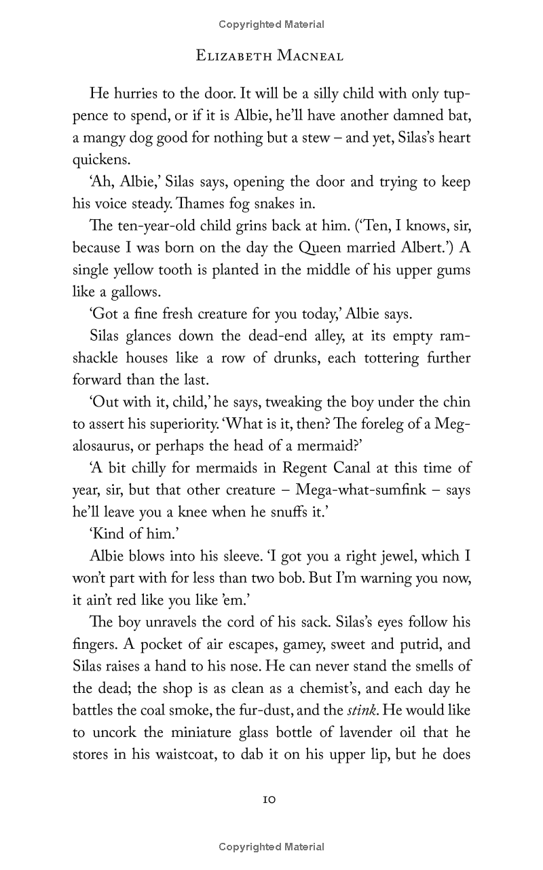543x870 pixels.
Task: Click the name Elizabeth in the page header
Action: pos(233,56)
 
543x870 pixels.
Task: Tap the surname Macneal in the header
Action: pos(310,56)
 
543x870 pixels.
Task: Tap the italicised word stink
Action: pos(353,711)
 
